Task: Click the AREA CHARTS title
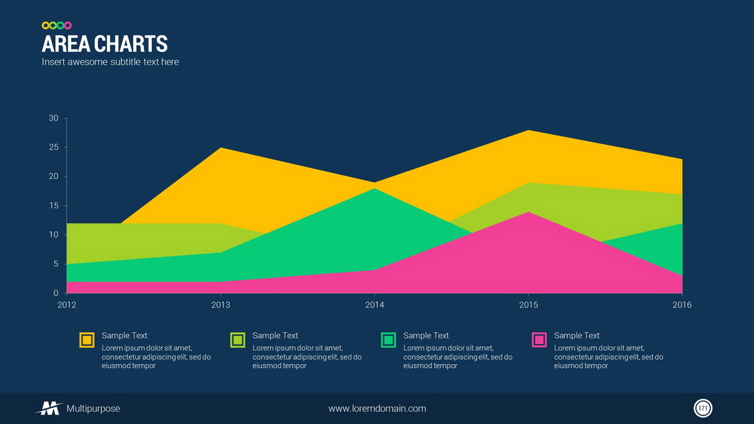104,44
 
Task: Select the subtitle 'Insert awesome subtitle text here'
110,62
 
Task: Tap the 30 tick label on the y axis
53,118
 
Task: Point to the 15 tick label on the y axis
53,206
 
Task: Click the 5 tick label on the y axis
56,264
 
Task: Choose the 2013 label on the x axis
221,305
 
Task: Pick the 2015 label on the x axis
528,305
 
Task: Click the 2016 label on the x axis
682,305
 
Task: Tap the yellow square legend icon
87,340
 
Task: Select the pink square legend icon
539,340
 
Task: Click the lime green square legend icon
238,340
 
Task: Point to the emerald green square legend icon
389,340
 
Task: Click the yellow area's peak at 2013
221,148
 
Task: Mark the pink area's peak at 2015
528,212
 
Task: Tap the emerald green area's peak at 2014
375,189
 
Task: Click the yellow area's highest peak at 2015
528,130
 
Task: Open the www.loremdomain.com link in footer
377,409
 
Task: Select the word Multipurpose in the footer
93,409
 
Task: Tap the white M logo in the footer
49,409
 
